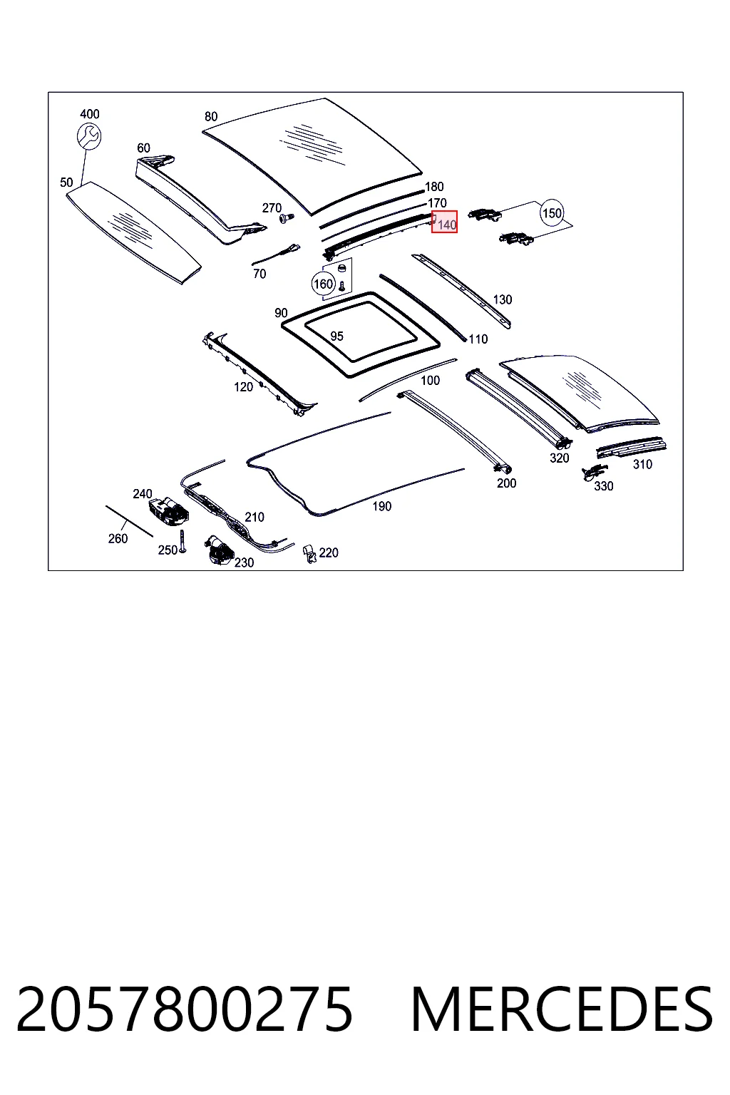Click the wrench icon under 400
(x=89, y=135)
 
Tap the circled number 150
(x=552, y=213)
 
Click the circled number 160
(x=323, y=284)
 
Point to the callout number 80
(x=211, y=116)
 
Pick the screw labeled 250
(x=183, y=541)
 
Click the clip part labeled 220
(x=309, y=553)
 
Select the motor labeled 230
(x=219, y=550)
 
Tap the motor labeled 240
(x=169, y=510)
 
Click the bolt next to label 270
(x=286, y=217)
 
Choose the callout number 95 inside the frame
(x=336, y=336)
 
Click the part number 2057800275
(x=185, y=1009)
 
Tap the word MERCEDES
(x=562, y=1009)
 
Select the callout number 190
(x=382, y=506)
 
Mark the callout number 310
(x=642, y=464)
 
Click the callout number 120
(x=244, y=387)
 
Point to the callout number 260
(x=118, y=539)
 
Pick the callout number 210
(x=255, y=517)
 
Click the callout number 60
(x=144, y=148)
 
